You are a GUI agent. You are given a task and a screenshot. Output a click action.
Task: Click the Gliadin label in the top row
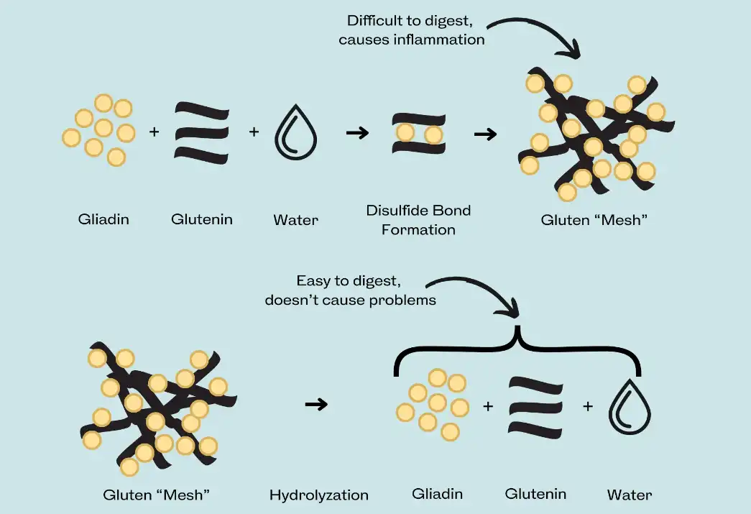103,219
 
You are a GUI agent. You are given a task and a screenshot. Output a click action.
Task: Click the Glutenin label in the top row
202,219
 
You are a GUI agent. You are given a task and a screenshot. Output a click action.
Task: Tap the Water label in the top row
295,219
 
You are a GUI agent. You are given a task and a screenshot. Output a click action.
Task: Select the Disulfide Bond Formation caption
418,220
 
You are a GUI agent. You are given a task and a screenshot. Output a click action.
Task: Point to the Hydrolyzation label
318,495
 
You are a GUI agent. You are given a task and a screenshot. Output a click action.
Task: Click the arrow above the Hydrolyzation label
316,405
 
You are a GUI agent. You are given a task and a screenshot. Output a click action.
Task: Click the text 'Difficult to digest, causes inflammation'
412,30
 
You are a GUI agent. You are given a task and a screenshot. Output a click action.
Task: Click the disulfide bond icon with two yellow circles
418,134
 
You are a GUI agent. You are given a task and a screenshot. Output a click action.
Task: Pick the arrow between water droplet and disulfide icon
357,133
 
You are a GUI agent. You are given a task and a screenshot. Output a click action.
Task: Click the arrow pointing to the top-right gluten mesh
486,134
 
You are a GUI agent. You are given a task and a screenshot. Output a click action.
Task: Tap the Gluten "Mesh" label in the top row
594,219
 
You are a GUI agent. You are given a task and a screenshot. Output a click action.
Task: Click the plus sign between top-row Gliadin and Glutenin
154,132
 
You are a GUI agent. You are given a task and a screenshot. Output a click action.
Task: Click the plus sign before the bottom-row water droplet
588,406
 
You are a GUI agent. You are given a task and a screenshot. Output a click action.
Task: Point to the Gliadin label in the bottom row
437,494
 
